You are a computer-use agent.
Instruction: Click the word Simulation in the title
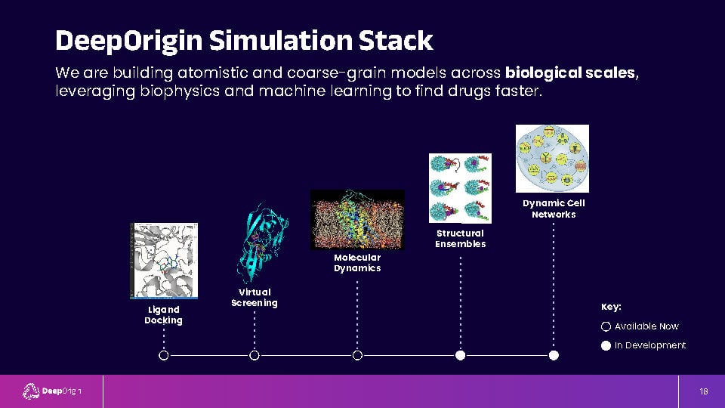tap(281, 40)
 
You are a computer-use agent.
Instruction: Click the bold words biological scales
tap(569, 73)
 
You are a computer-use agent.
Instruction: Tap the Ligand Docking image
tap(164, 261)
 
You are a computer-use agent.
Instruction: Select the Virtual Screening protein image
tap(262, 243)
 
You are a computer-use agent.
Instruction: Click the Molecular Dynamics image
tap(357, 220)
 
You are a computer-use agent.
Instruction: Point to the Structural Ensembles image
tap(460, 188)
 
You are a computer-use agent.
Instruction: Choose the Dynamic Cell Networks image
tap(552, 158)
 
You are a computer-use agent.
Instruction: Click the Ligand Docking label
tap(163, 315)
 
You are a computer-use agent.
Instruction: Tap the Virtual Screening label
tap(255, 298)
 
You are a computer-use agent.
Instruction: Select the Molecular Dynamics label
tap(357, 263)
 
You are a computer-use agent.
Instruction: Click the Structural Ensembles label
tap(460, 239)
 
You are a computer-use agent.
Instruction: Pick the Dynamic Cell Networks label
tap(554, 209)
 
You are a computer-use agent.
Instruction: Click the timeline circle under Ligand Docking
tap(164, 355)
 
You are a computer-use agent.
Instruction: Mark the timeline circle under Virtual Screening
tap(255, 355)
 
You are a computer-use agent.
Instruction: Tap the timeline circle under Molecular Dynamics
tap(357, 355)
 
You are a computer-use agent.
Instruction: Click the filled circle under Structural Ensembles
tap(460, 355)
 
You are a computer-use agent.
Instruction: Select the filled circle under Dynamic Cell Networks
tap(554, 355)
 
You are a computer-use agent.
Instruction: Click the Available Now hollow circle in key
tap(606, 326)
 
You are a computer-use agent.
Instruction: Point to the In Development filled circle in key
tap(606, 345)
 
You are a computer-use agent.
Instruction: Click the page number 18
tap(704, 392)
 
